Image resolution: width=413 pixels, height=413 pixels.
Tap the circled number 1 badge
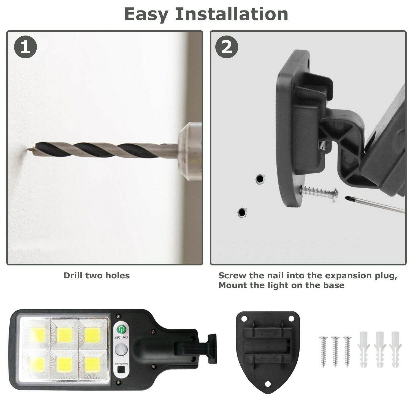point(25,47)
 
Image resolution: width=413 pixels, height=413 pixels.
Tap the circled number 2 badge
point(227,47)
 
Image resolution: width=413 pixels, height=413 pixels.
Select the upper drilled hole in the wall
point(259,179)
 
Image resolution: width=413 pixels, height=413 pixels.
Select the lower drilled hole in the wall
point(242,212)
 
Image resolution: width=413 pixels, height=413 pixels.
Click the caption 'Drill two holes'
point(97,276)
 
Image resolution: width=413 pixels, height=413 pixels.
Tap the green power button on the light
point(121,329)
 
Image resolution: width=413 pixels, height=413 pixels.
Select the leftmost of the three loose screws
point(323,351)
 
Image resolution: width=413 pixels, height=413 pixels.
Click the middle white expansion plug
point(380,349)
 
